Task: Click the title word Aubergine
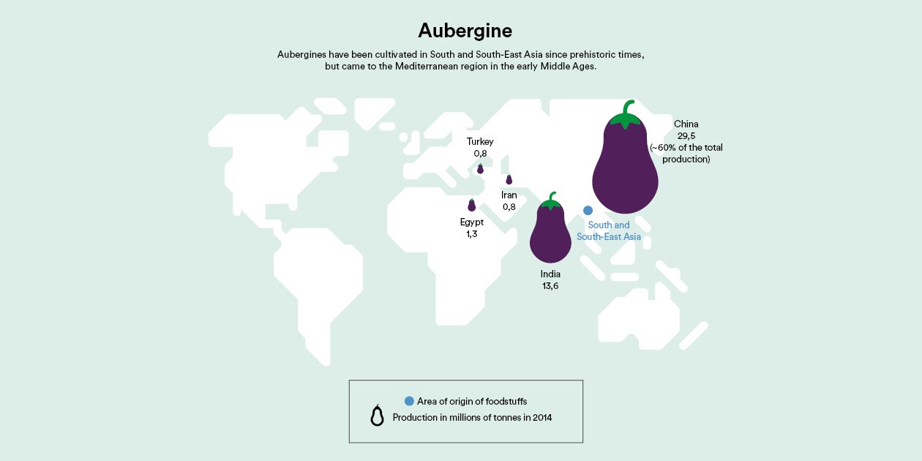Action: [x=465, y=31]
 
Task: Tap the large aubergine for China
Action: [x=624, y=172]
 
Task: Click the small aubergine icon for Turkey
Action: [x=481, y=169]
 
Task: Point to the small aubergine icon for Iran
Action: [x=509, y=180]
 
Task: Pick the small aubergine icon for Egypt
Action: [x=472, y=206]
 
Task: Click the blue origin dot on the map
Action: [x=588, y=210]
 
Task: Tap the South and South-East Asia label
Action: [x=609, y=231]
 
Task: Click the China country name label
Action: [x=686, y=124]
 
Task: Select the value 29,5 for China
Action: [x=686, y=135]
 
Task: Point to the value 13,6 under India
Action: [x=550, y=286]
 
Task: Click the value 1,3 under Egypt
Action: [x=472, y=233]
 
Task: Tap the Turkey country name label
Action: [x=480, y=141]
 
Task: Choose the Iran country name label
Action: [x=509, y=195]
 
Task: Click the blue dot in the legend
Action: [x=409, y=401]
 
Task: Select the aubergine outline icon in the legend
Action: [x=377, y=416]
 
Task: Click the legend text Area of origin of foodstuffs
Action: [x=471, y=401]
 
